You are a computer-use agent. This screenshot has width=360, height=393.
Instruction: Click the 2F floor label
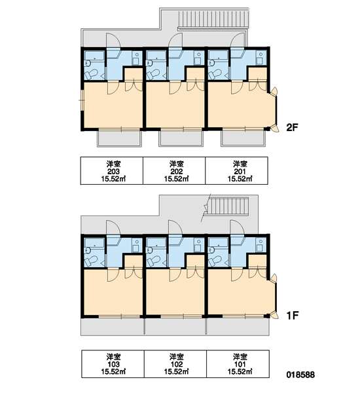tap(292, 128)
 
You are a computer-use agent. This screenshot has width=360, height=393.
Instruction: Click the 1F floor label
tap(292, 316)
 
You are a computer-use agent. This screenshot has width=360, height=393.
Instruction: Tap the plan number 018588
tap(300, 375)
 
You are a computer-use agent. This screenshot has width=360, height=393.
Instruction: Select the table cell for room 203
tap(112, 171)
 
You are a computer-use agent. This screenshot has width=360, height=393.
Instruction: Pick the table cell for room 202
tap(174, 171)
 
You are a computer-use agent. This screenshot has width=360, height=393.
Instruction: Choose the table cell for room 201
tap(236, 171)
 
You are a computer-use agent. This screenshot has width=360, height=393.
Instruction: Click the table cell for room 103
tap(113, 364)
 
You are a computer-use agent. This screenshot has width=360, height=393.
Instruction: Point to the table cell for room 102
tap(175, 364)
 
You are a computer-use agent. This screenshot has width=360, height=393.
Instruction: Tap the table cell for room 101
tap(238, 364)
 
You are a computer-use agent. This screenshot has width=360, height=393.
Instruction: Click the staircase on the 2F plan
tap(213, 19)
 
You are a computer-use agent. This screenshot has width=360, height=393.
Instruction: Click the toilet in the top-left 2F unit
tap(91, 74)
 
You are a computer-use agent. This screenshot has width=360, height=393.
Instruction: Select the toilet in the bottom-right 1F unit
tap(215, 261)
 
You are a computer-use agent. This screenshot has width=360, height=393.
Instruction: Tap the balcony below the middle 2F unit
tap(181, 138)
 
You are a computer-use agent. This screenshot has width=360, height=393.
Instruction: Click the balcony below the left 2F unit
tap(119, 138)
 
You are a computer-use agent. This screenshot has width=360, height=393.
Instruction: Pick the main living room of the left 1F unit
tap(113, 292)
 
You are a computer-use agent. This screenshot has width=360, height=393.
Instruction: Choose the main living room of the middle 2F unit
tap(175, 105)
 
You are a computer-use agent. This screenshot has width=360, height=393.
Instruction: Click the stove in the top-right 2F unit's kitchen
tap(261, 58)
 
